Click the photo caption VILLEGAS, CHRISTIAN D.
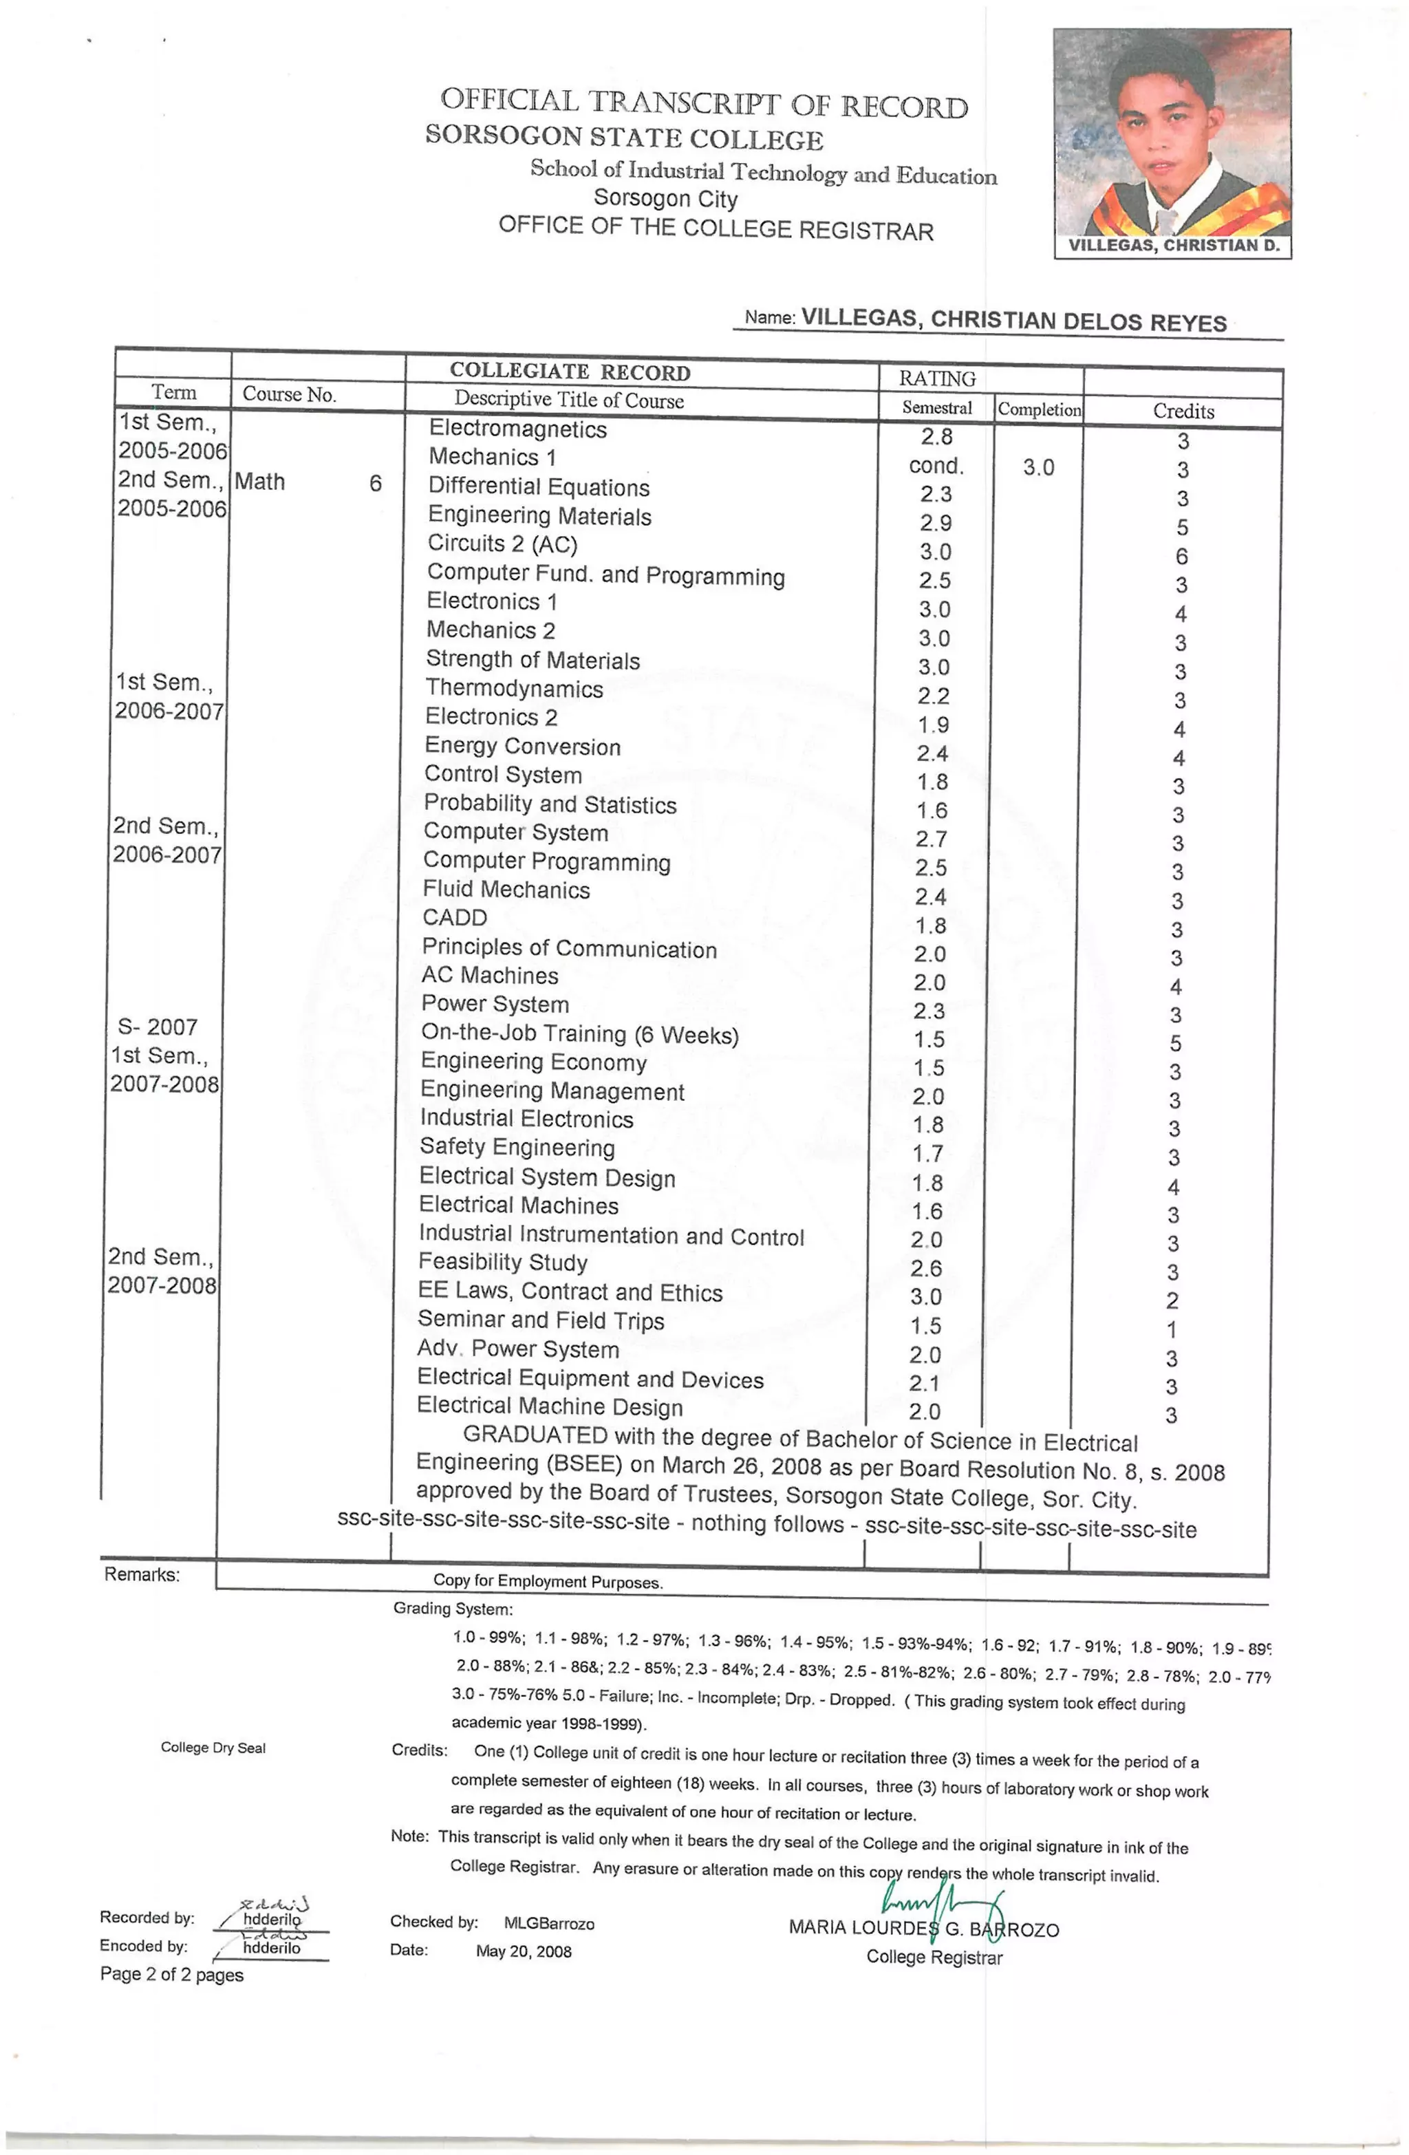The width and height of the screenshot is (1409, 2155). coord(1172,246)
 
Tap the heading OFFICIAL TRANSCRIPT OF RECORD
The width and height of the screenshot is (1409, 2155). coord(704,103)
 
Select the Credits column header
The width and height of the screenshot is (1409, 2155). coord(1183,411)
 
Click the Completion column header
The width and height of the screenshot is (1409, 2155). coord(1039,409)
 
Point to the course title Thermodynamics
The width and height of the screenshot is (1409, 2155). coord(515,689)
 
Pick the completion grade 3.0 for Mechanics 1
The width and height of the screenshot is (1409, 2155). coord(1037,467)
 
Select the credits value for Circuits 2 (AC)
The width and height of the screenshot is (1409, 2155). coord(1181,556)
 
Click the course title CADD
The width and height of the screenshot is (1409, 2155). coord(455,917)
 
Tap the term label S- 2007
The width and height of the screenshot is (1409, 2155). coord(158,1027)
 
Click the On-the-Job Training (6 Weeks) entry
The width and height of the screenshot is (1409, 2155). coord(579,1034)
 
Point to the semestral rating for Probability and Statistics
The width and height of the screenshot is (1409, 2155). coord(931,811)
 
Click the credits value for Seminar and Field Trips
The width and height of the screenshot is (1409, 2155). coord(1172,1330)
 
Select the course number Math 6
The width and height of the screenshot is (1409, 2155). coord(308,482)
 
